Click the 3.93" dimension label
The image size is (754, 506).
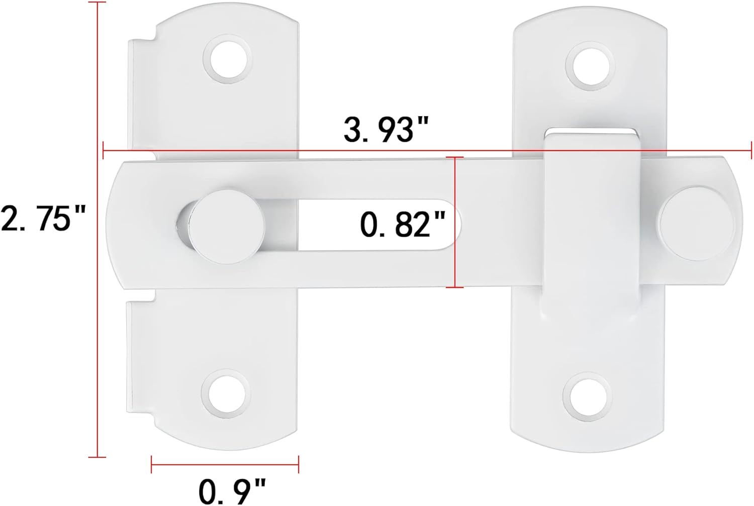tap(386, 129)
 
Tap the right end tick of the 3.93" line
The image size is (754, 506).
tap(751, 150)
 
